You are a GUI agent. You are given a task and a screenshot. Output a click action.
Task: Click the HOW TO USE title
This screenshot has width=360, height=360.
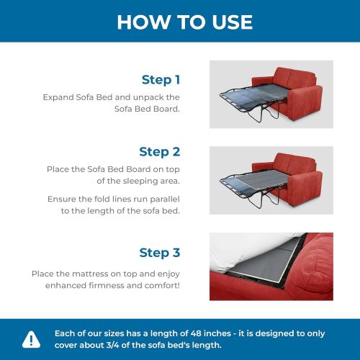(184, 22)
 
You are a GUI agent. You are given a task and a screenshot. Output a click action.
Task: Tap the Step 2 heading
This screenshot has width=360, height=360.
(159, 151)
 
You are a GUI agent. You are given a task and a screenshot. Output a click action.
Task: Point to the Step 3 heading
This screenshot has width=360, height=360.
(159, 253)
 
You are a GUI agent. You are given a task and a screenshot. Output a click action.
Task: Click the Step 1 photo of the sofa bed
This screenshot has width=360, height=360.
(271, 94)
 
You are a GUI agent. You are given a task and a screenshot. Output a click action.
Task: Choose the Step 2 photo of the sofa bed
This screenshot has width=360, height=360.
(271, 180)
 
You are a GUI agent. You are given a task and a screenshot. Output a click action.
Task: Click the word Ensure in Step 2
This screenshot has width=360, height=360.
(64, 198)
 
